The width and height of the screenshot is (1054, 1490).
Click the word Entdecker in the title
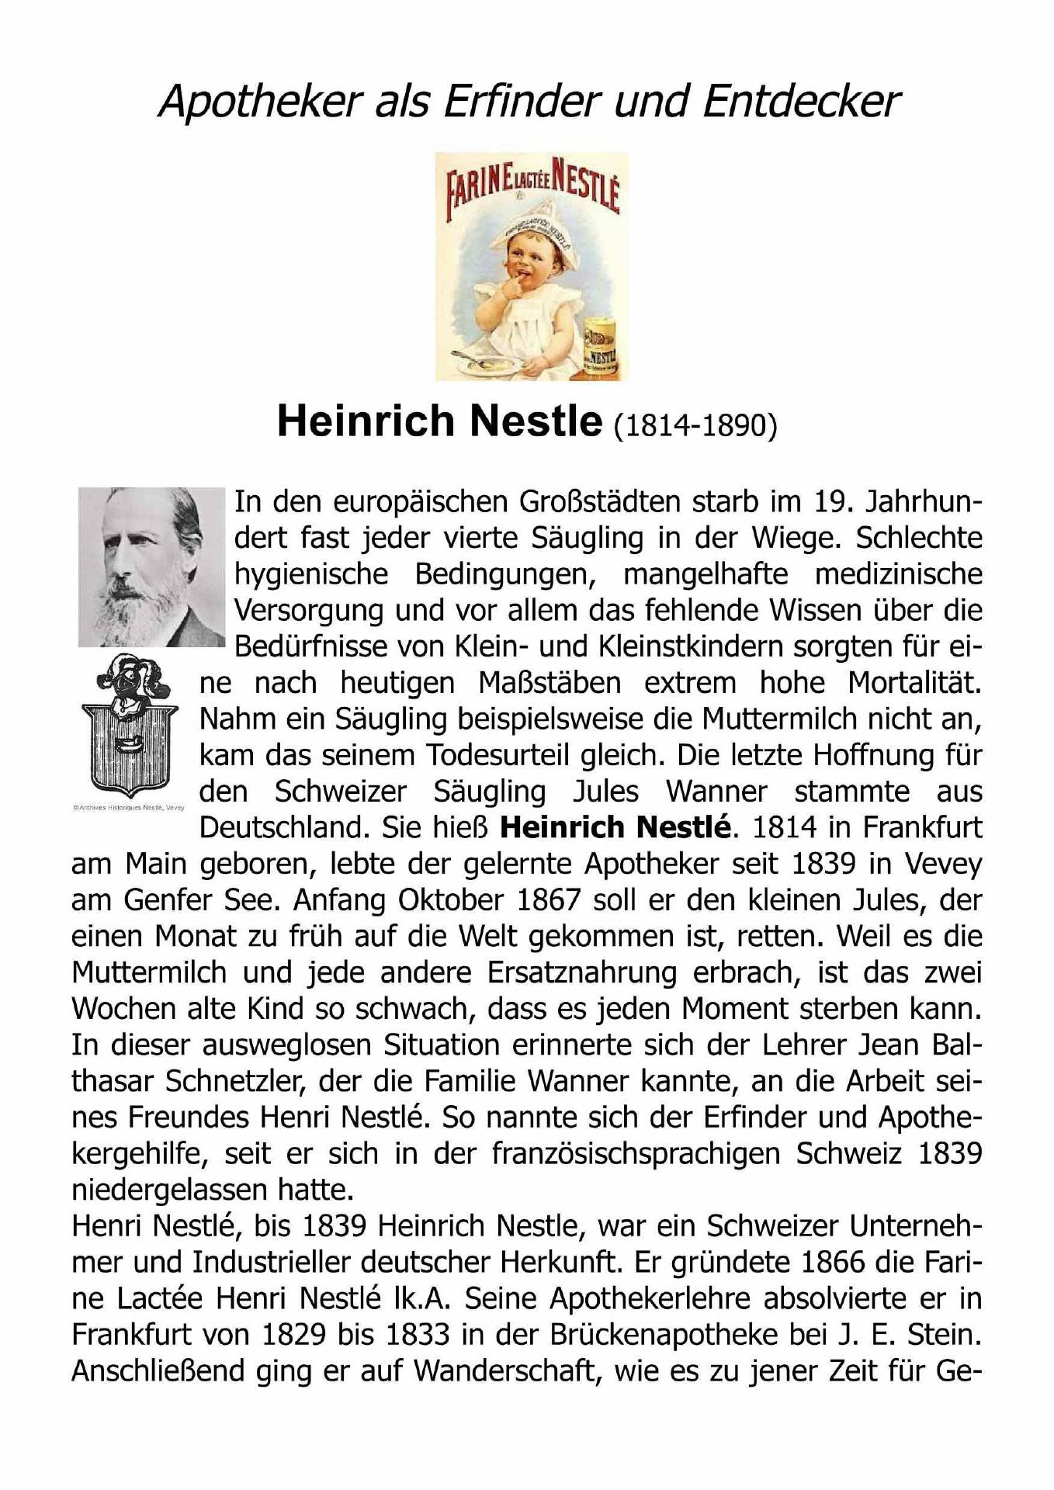(x=801, y=102)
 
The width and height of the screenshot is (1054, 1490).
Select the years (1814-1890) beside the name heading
(x=695, y=424)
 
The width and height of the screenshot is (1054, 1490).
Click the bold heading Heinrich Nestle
(x=439, y=421)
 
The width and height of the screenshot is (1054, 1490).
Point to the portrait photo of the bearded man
(x=151, y=567)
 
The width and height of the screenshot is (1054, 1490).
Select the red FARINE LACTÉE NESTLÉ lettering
(x=532, y=185)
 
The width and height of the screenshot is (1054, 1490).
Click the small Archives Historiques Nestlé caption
(x=128, y=807)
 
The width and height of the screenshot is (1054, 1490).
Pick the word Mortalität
(x=914, y=683)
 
